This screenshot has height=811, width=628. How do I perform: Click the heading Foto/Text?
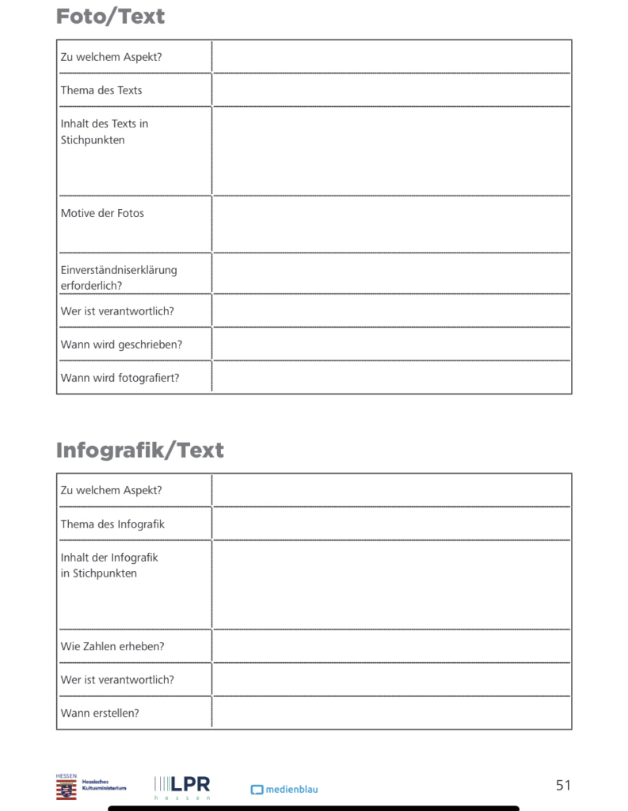(x=110, y=17)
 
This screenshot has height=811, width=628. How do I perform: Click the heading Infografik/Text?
(x=140, y=450)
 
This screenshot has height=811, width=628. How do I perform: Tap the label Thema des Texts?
(x=101, y=90)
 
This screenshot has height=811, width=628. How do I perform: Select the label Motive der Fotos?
(x=102, y=213)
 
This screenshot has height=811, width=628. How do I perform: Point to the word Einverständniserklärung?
(x=119, y=270)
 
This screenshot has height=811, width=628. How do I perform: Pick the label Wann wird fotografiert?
(x=120, y=378)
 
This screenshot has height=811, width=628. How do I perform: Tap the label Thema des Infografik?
(x=112, y=524)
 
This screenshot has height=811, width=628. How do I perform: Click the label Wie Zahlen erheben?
(x=112, y=646)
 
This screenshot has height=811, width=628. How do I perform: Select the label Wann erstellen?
(x=100, y=713)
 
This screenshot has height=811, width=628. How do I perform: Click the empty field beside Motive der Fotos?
(x=391, y=224)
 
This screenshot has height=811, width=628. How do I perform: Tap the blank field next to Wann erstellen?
(x=391, y=713)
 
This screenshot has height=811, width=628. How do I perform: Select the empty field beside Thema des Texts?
(x=391, y=90)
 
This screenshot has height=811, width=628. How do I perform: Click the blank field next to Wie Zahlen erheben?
(x=391, y=646)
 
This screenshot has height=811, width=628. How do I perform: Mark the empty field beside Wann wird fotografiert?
(x=391, y=378)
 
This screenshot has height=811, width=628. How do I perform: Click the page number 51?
(x=563, y=785)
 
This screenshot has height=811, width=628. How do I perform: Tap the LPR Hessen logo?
(x=182, y=786)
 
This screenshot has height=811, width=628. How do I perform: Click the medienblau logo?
(x=284, y=790)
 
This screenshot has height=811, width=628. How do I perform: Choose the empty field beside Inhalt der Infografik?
(x=391, y=584)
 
